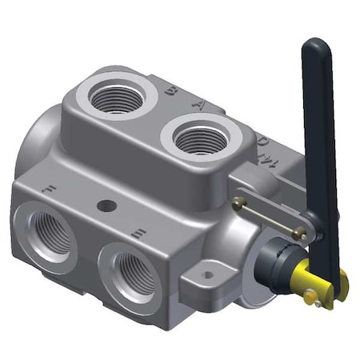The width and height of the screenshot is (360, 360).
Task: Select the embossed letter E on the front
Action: click(138, 234)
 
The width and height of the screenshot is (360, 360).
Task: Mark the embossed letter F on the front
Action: click(50, 191)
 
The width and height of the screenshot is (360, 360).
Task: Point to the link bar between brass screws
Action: click(268, 217)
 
